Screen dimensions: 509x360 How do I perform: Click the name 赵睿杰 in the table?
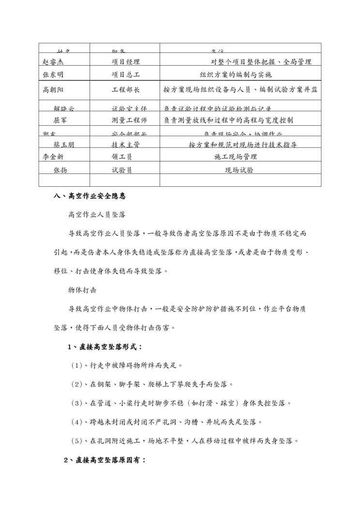[53, 62]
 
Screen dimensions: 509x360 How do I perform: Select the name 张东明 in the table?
[53, 75]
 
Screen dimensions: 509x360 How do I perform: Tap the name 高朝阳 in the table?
[53, 90]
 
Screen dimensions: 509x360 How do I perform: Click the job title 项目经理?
[125, 62]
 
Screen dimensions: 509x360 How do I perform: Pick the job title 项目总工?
[125, 75]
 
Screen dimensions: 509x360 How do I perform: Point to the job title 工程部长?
[125, 90]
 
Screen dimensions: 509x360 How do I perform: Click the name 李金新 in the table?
[53, 157]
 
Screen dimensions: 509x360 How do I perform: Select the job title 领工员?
[122, 157]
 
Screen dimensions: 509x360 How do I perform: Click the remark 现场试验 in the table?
[240, 170]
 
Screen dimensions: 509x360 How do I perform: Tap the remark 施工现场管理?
[236, 157]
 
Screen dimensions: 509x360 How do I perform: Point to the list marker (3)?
[77, 403]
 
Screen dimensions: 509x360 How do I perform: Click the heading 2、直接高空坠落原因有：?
[105, 460]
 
